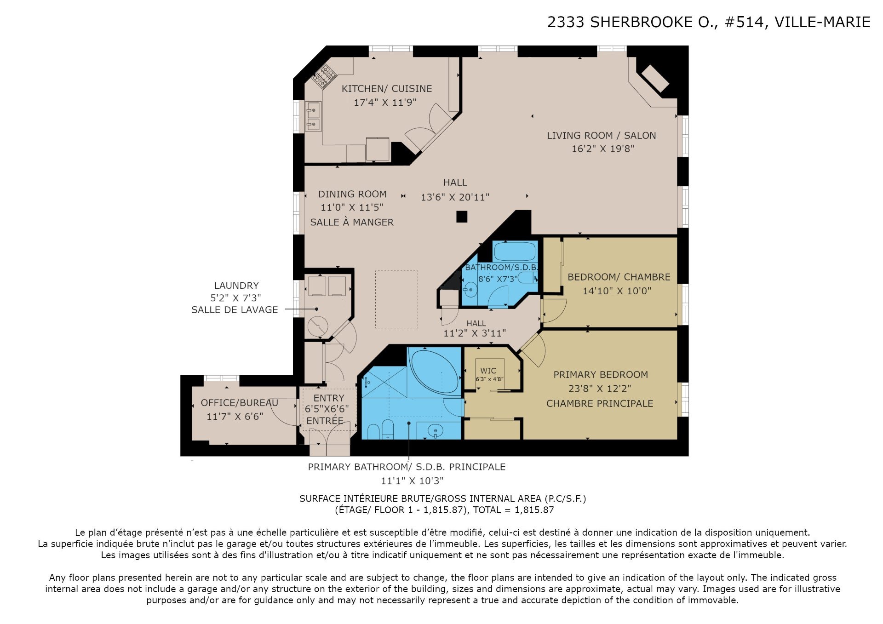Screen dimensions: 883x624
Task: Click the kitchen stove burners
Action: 324,76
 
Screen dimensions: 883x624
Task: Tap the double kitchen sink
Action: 313,117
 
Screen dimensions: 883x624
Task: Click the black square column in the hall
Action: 462,217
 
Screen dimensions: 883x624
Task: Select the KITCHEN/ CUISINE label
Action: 387,89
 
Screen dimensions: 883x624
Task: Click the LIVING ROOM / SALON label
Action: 601,136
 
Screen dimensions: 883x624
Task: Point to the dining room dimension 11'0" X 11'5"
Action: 352,207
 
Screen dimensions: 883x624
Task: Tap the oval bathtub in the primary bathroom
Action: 435,372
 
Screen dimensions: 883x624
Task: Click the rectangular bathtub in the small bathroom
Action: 515,252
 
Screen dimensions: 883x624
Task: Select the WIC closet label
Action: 488,371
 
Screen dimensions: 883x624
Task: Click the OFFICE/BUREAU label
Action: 240,403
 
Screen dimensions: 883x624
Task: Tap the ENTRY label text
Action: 329,398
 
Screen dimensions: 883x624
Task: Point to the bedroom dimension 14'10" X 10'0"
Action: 617,291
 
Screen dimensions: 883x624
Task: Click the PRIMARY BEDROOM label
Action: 601,375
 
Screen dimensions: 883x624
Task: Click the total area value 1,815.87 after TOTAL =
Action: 534,510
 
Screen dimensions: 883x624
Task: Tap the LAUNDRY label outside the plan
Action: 236,286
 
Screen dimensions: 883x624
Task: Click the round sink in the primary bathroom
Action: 435,431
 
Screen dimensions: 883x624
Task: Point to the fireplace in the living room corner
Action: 655,78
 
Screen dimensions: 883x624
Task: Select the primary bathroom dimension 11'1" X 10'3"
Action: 412,481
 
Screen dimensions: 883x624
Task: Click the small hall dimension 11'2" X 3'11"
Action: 475,333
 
